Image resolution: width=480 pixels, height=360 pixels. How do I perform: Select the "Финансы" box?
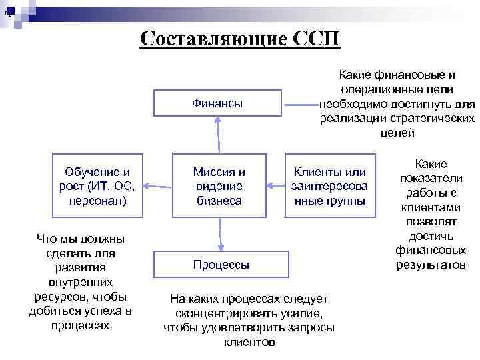click(x=217, y=103)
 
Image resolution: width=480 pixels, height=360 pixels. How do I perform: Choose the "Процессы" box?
click(x=221, y=265)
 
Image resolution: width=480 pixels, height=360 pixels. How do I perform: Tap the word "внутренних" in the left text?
click(x=81, y=282)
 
